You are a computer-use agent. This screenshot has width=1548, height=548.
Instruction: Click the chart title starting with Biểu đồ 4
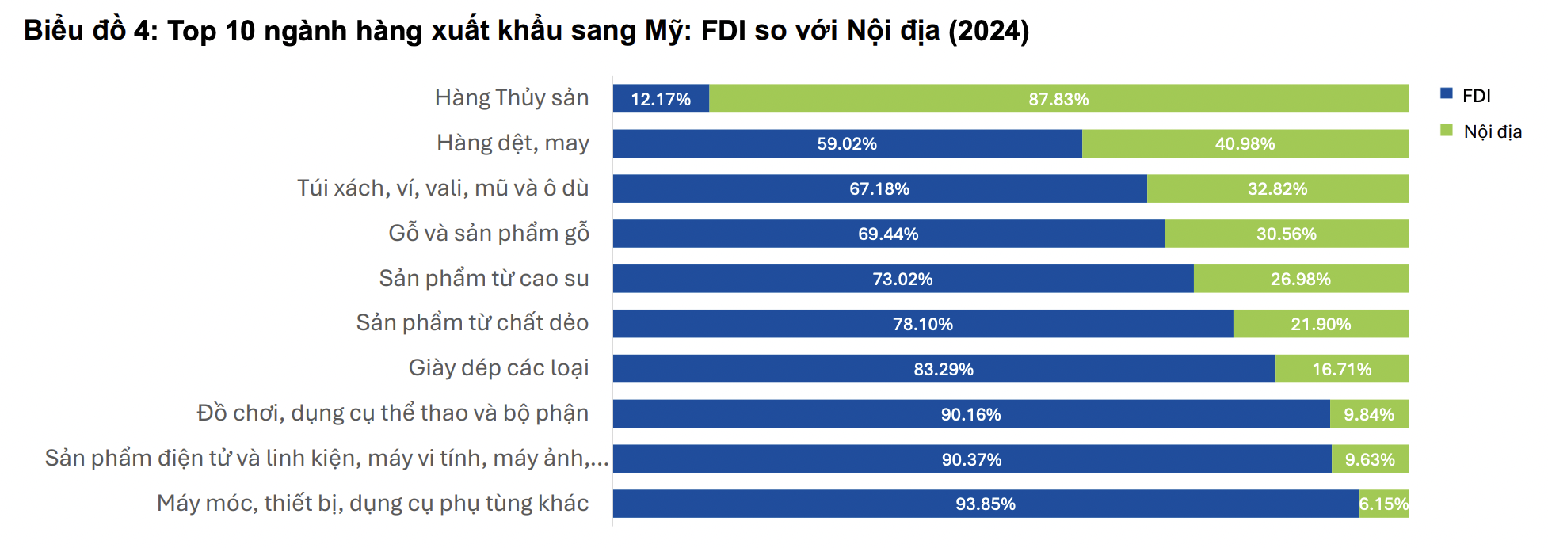point(526,31)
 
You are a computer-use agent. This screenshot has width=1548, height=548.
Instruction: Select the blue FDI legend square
point(1447,94)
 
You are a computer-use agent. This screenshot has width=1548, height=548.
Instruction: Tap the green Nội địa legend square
point(1447,130)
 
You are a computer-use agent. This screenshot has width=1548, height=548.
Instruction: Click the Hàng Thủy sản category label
point(512,98)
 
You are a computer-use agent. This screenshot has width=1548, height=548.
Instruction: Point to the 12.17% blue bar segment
point(661,99)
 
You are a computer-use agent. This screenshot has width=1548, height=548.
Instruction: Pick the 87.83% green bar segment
point(1058,99)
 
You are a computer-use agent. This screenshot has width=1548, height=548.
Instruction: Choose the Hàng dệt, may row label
point(513,143)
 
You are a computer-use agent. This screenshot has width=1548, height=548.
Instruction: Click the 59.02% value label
point(847,144)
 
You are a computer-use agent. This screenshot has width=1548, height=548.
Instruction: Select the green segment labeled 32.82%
point(1277,189)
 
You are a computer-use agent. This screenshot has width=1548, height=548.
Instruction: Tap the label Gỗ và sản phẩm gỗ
point(489,234)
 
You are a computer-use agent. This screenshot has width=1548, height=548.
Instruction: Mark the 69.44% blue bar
point(888,234)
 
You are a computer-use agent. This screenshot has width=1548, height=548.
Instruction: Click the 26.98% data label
point(1300,280)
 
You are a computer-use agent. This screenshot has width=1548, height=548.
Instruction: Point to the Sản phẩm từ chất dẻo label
point(472,323)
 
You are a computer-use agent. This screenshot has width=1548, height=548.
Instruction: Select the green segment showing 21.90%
point(1321,324)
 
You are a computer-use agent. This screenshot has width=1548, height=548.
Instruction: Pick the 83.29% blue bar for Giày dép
point(943,369)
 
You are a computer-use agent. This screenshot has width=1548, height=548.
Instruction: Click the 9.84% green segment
point(1368,414)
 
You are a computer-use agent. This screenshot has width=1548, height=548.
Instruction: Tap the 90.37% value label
point(971,459)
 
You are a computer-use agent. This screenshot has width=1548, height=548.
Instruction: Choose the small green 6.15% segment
point(1383,504)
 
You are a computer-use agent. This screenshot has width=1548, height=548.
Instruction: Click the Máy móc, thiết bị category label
point(372,504)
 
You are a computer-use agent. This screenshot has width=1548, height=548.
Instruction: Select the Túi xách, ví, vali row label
point(443,188)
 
